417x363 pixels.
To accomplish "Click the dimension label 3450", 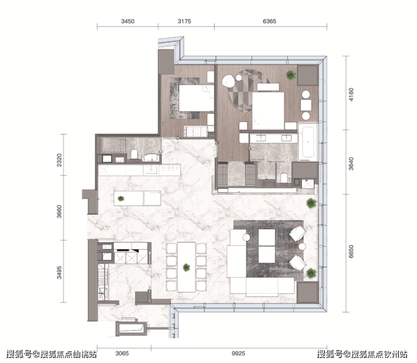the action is tap(128, 21).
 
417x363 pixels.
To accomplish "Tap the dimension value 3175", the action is tap(184, 21).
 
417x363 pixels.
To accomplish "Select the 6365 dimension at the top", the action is tap(269, 21).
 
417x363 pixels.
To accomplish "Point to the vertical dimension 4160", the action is tap(351, 95).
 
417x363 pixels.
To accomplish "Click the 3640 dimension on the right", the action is tap(351, 164).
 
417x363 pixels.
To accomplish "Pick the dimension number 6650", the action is tap(351, 252).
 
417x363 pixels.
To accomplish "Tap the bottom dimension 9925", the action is tap(238, 353).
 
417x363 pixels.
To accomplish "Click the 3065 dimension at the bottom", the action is tap(122, 353).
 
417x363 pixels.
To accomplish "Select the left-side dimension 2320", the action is tap(59, 160).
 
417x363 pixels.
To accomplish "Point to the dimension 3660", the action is tap(59, 212).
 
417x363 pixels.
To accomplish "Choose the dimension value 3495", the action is tap(59, 273).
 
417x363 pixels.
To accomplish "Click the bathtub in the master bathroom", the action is tap(308, 142).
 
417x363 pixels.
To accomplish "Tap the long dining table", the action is tap(186, 267).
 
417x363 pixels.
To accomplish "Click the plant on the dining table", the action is tap(186, 268).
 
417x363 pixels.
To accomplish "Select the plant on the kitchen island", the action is tap(121, 199).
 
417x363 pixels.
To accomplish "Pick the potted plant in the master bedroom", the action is tap(291, 75).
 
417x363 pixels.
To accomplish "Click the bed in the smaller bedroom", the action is tap(196, 98).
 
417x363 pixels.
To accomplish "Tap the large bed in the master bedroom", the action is tap(268, 111).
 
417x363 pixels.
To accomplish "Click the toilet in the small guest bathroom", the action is tap(134, 155).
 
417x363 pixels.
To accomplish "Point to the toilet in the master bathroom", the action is tap(284, 177).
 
